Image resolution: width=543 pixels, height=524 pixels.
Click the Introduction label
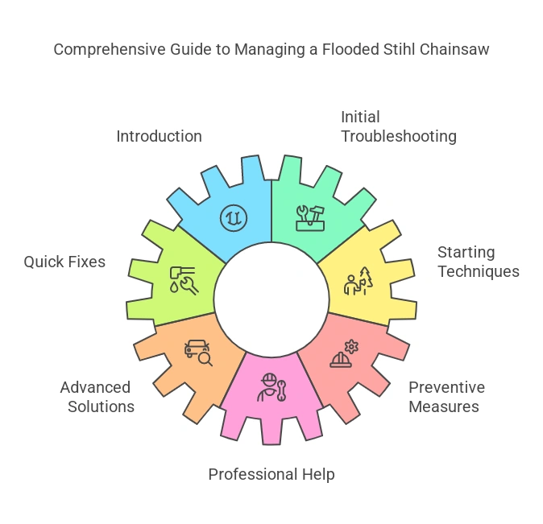[159, 136]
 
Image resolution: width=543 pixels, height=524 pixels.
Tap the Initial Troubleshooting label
[398, 126]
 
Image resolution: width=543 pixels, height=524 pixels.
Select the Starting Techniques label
[478, 262]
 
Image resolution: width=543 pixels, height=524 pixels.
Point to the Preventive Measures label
[446, 397]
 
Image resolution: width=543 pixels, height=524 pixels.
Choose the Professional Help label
[271, 474]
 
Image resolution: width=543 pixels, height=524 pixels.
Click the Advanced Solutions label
[97, 397]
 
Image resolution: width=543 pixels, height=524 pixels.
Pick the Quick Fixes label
[64, 262]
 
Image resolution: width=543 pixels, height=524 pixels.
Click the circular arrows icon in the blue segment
[234, 217]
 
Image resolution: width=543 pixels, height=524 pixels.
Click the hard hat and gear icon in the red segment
[344, 354]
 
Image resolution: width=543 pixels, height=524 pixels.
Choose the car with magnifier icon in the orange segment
[198, 352]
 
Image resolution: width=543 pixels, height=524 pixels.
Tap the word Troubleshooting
[398, 136]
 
